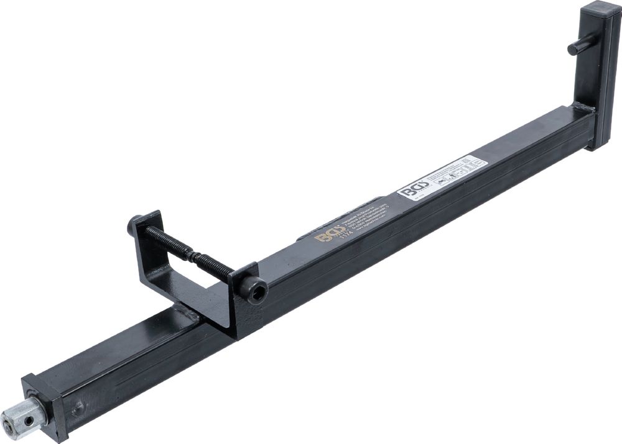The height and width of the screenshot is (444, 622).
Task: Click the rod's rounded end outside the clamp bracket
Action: (x=133, y=224)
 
